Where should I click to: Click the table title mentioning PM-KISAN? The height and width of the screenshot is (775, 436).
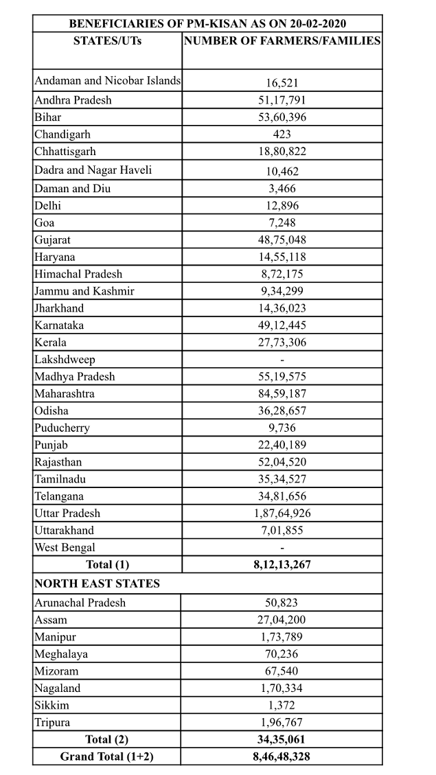(207, 23)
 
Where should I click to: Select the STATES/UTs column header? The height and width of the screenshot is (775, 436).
(107, 41)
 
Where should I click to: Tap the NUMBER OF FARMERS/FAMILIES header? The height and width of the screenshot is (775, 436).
(282, 41)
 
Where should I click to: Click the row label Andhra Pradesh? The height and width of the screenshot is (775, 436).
(73, 100)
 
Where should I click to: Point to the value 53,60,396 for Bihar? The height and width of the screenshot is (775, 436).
(282, 117)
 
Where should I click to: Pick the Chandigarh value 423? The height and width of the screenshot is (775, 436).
(282, 135)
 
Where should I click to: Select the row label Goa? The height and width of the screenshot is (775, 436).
(45, 222)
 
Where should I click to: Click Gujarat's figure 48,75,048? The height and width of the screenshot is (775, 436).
(282, 240)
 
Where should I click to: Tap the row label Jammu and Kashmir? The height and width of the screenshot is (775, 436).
(84, 291)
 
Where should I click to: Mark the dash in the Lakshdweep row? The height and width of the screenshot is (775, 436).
(282, 360)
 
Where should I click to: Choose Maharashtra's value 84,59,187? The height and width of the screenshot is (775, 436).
(282, 394)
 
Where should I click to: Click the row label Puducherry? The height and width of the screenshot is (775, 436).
(62, 428)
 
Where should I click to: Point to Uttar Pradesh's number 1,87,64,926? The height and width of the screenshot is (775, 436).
(282, 513)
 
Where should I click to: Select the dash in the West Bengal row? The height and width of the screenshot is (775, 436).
(282, 548)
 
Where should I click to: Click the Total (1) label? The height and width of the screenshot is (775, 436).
(107, 565)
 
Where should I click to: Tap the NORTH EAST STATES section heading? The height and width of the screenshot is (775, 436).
(97, 583)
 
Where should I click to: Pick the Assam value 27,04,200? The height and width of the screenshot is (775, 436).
(282, 620)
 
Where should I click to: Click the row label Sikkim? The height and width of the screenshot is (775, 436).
(51, 705)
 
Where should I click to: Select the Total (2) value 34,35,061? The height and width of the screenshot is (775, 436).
(282, 739)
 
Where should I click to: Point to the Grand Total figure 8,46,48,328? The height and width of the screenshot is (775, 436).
(282, 756)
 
